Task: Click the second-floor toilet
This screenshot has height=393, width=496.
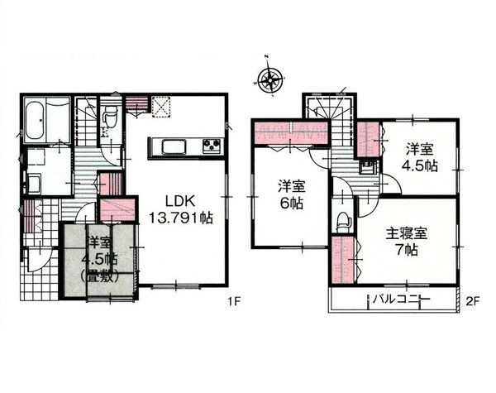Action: point(343,220)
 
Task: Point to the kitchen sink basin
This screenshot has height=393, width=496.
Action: point(174,147)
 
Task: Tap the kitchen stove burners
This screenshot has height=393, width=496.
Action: point(212,146)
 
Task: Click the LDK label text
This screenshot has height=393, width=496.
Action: point(181,202)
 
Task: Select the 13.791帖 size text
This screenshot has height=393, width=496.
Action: point(181,218)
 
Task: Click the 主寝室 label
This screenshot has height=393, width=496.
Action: point(407,234)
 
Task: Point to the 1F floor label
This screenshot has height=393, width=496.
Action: point(234,301)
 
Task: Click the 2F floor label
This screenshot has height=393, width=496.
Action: point(473,300)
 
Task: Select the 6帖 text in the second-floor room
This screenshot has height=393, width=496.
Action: point(292,204)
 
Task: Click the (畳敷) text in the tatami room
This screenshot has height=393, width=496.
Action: point(100,276)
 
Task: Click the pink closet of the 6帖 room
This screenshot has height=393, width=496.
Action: point(291,132)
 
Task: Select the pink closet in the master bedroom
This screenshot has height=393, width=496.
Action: point(344,261)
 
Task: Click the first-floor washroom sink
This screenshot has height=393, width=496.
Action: point(34,184)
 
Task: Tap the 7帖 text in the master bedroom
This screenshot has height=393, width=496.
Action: point(408,251)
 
